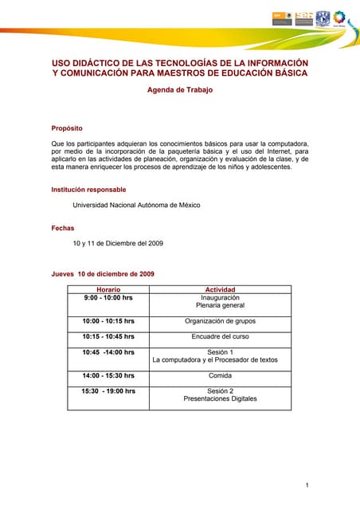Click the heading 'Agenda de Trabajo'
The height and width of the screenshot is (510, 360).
(180, 90)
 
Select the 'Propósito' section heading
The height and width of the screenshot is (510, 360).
(67, 128)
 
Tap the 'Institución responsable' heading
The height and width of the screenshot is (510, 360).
(88, 190)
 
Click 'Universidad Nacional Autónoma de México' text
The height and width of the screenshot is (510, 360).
(136, 205)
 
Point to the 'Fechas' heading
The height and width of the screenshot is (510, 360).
(63, 229)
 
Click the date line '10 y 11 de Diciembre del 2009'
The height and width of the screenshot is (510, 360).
(118, 243)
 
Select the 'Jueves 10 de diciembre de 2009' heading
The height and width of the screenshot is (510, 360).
(103, 274)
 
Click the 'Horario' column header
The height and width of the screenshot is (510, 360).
(108, 289)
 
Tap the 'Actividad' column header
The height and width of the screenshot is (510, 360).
(220, 289)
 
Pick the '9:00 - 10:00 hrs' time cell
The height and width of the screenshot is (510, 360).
(108, 297)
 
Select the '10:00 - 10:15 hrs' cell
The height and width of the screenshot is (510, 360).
(108, 321)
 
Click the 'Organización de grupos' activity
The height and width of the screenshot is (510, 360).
(220, 321)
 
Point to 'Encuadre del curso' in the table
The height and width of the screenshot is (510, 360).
(220, 336)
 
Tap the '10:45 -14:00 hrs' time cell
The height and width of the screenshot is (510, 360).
(108, 351)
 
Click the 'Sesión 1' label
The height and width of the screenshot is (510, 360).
(220, 351)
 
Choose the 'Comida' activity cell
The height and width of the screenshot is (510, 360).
(220, 375)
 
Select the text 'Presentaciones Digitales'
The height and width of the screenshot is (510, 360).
(220, 398)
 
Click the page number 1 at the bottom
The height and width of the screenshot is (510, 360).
(307, 485)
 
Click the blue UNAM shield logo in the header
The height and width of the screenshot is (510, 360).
(323, 18)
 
